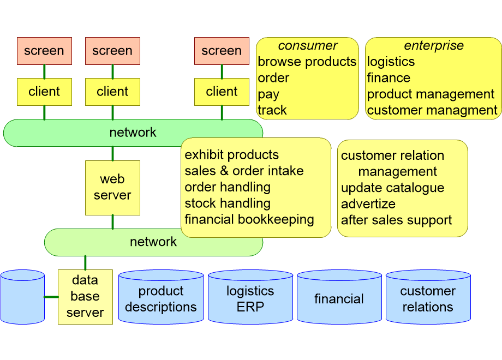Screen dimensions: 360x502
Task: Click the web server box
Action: [112, 187]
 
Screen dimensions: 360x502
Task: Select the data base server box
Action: [85, 297]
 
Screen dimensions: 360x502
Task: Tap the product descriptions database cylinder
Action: [160, 298]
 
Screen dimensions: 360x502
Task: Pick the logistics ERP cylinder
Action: [250, 298]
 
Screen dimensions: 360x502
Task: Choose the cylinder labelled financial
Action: [339, 298]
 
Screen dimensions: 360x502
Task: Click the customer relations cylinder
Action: [428, 298]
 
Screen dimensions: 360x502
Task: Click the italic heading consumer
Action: [307, 46]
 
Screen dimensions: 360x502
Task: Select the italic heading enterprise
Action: [433, 46]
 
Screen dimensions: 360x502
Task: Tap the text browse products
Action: [307, 62]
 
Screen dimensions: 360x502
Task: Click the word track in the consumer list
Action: [272, 110]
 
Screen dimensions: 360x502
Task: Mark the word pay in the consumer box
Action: [268, 94]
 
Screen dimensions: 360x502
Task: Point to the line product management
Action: [431, 94]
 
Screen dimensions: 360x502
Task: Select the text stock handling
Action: [228, 203]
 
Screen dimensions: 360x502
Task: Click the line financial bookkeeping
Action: [249, 219]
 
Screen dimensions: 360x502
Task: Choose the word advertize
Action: [368, 204]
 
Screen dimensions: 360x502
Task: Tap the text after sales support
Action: [396, 220]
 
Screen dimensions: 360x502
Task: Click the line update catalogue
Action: [392, 188]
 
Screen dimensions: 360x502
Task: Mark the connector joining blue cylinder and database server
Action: [51, 297]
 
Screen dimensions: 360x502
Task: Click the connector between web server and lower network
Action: [112, 221]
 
